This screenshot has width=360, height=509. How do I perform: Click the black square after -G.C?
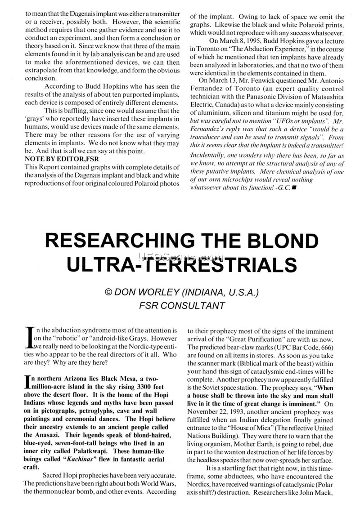[293, 186]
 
